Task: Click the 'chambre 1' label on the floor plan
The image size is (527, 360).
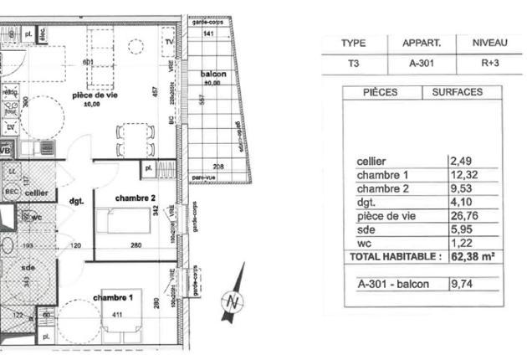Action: click(112, 298)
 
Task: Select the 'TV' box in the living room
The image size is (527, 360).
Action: click(169, 42)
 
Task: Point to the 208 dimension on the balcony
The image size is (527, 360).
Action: click(217, 167)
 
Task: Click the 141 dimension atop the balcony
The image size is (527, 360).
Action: click(209, 33)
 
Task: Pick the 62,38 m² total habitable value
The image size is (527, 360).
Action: click(474, 257)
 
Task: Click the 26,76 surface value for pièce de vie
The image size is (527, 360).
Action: click(465, 215)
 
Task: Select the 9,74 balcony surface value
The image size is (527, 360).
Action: click(463, 285)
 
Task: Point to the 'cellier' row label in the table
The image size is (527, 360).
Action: click(371, 162)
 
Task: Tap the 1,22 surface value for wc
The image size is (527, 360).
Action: click(463, 242)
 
